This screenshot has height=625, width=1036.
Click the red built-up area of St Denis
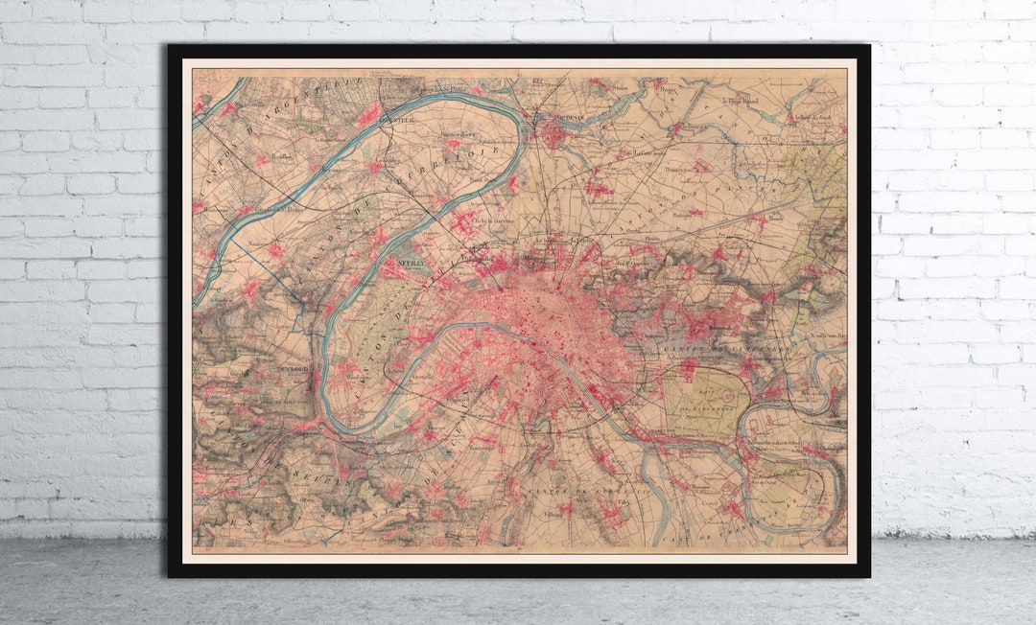[554, 133]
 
